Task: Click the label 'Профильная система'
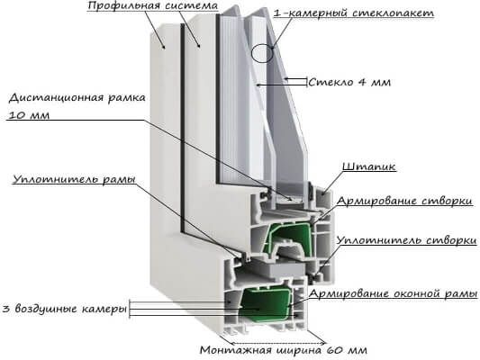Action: click(x=152, y=5)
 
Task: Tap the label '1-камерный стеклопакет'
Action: click(x=354, y=13)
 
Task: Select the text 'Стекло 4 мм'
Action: click(x=349, y=82)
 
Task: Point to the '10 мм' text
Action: click(x=29, y=115)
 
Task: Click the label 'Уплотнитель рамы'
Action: click(x=74, y=179)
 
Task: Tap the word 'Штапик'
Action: click(x=369, y=167)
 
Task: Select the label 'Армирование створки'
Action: click(x=404, y=201)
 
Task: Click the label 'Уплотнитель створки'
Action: click(x=407, y=240)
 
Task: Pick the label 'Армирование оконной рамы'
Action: click(x=393, y=293)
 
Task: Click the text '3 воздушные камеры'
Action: click(x=65, y=309)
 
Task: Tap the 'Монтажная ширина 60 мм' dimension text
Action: click(x=284, y=350)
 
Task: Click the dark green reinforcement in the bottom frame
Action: click(x=265, y=303)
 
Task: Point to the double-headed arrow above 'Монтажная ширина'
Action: click(x=278, y=343)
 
